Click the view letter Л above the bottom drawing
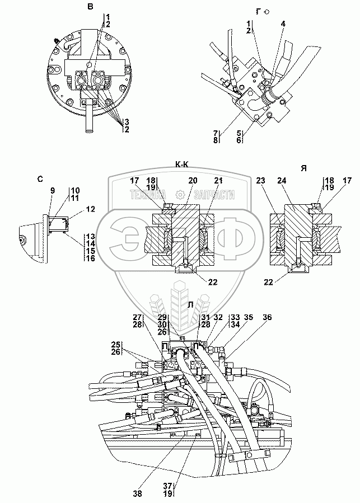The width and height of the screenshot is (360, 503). [191, 305]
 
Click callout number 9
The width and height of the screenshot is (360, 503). [53, 191]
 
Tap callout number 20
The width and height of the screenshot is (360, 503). [193, 180]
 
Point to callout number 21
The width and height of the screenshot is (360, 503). [217, 180]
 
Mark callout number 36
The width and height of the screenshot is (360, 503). [268, 317]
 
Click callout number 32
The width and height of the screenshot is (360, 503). [219, 317]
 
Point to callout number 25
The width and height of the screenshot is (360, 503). [115, 344]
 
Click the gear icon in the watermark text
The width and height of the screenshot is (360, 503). [180, 195]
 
